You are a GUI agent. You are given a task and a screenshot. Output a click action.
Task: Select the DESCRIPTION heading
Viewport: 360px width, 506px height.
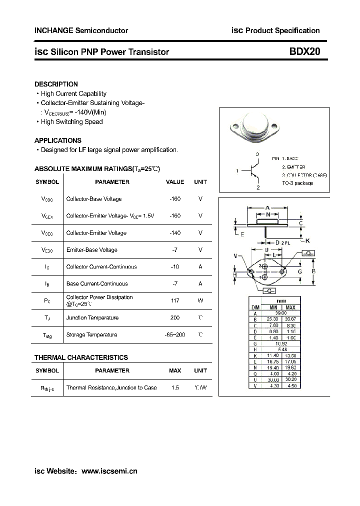[x=56, y=84]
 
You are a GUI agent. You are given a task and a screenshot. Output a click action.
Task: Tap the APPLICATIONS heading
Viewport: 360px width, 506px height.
[x=58, y=140]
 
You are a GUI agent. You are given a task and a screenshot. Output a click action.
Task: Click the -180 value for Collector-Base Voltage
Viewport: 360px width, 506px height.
[x=174, y=199]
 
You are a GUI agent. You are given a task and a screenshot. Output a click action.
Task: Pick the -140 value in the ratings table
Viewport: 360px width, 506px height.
[x=174, y=233]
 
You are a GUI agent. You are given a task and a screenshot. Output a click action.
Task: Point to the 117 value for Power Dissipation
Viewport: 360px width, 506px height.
[x=174, y=300]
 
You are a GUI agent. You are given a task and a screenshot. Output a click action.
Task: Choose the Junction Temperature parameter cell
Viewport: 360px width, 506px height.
[x=92, y=318]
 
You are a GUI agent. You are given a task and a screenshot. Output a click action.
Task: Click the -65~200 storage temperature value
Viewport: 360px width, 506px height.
[x=174, y=335]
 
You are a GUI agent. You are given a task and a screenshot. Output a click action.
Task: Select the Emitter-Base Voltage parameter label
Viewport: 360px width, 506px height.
[x=92, y=250]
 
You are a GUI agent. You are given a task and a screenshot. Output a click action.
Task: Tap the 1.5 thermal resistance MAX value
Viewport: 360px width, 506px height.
[x=174, y=388]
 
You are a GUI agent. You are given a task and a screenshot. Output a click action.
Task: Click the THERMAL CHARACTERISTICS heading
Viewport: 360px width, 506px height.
[x=81, y=357]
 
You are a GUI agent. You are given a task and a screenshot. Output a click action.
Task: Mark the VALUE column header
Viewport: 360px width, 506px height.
[x=174, y=182]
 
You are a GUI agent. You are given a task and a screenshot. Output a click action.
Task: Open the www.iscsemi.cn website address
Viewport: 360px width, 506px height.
[x=109, y=471]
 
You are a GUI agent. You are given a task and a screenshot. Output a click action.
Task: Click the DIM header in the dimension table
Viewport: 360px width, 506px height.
[x=255, y=307]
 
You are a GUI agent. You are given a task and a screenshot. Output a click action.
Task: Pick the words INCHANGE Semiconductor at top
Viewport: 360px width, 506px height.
[x=81, y=30]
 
